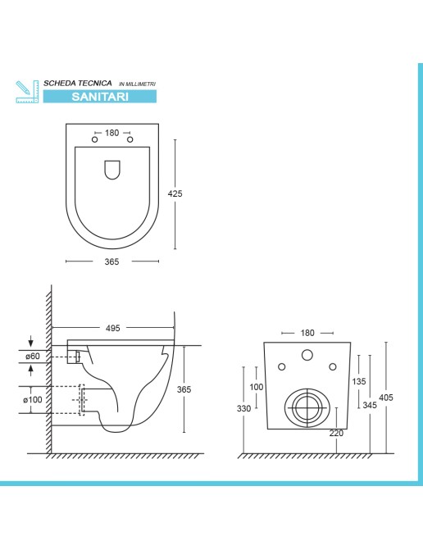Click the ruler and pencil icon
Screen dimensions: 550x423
26,91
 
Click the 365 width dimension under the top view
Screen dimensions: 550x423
111,261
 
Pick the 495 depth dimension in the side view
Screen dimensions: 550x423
112,328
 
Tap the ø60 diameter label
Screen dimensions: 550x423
32,357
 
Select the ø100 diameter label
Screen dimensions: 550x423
34,400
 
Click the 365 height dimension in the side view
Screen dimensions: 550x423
184,389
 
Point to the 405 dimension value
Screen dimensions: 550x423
387,398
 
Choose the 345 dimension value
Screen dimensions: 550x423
370,406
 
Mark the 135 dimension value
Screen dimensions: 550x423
358,381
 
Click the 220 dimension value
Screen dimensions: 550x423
336,434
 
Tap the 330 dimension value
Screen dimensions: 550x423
244,407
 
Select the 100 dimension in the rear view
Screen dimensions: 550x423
257,387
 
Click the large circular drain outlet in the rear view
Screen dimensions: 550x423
306,406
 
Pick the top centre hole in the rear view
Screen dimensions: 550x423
307,356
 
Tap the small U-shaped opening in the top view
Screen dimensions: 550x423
112,170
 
